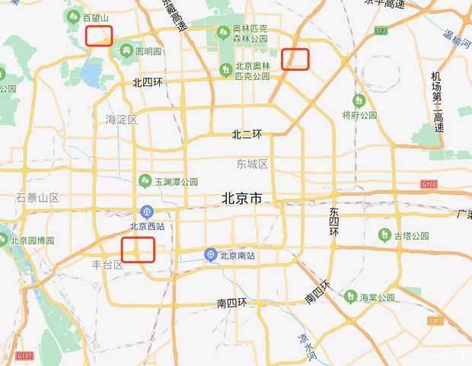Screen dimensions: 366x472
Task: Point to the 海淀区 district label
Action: pyautogui.click(x=122, y=119)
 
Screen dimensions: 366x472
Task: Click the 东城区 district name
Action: pyautogui.click(x=251, y=164)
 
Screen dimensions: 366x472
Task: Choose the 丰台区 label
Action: pyautogui.click(x=107, y=265)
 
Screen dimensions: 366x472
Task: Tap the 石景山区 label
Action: pyautogui.click(x=37, y=198)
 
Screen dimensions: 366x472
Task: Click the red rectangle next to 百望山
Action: pyautogui.click(x=99, y=35)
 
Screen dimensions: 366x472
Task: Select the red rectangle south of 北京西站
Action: pyautogui.click(x=139, y=249)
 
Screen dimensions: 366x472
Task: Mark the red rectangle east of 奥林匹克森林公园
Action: pyautogui.click(x=295, y=59)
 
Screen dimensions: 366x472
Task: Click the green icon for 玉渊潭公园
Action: pyautogui.click(x=145, y=181)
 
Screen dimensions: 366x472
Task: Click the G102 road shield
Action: pyautogui.click(x=430, y=184)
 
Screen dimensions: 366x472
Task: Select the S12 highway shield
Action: pyautogui.click(x=381, y=30)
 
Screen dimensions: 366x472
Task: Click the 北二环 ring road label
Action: pyautogui.click(x=247, y=135)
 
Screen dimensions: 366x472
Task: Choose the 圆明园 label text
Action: pyautogui.click(x=148, y=52)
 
